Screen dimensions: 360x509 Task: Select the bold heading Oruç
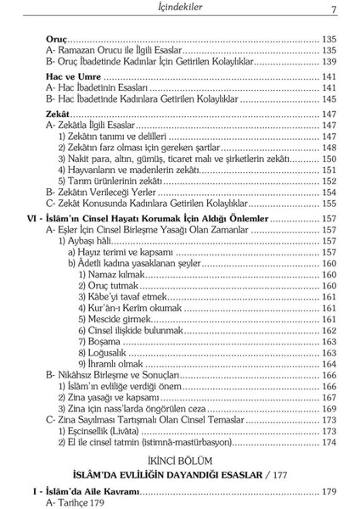pos(55,39)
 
